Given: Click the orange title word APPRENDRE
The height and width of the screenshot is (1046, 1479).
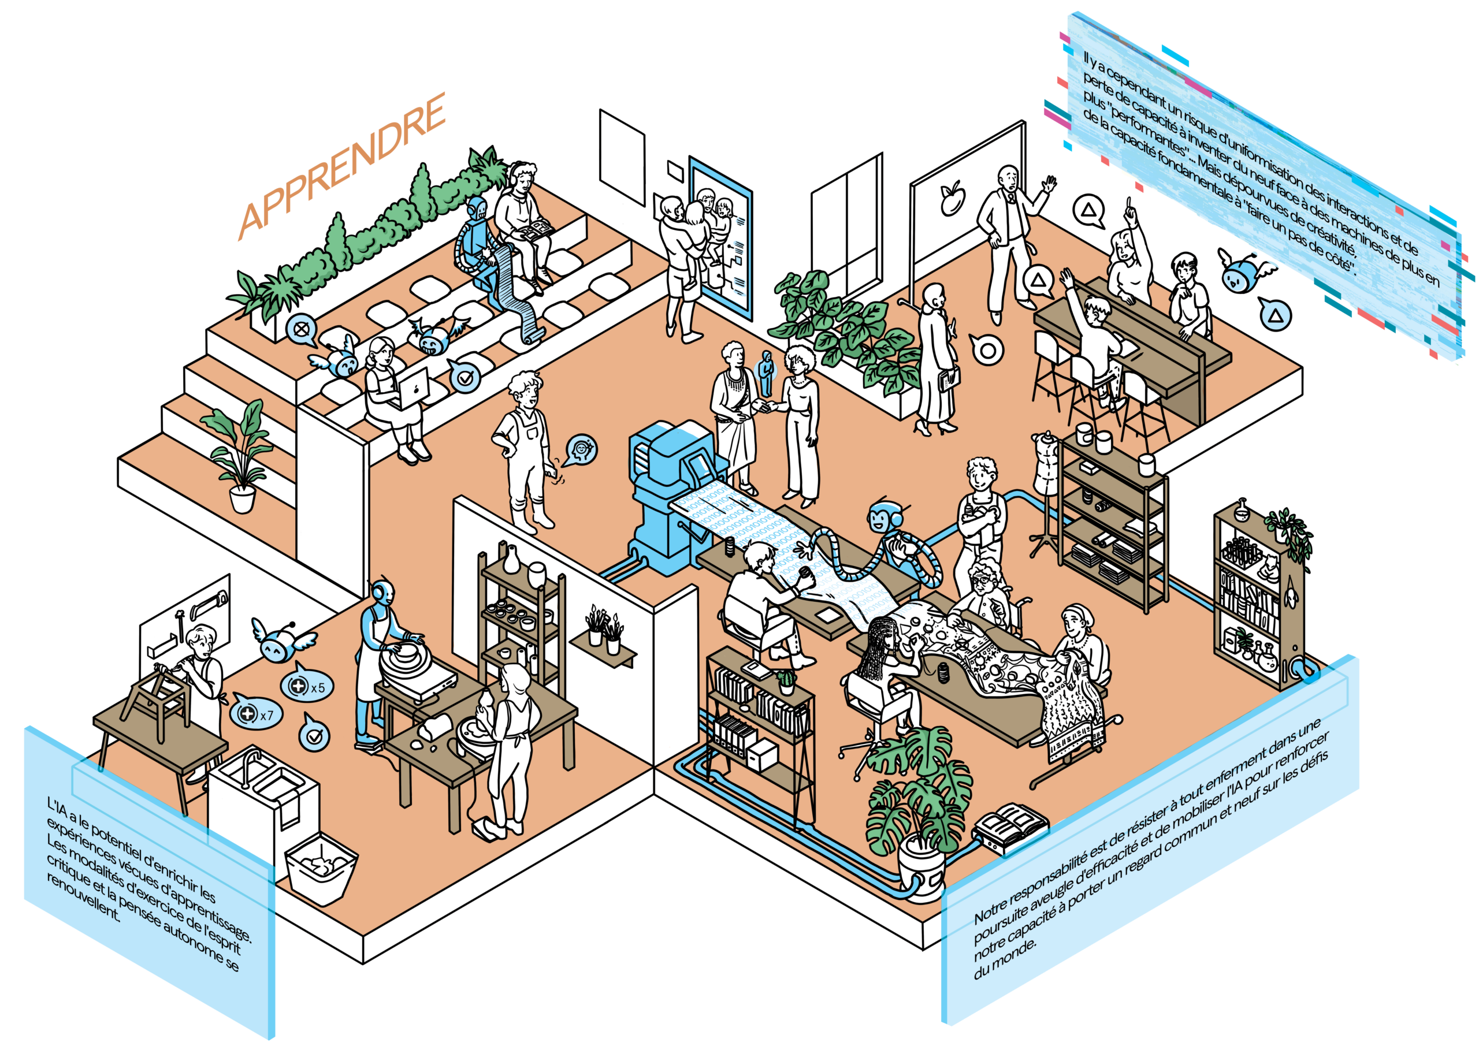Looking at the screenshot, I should (x=341, y=166).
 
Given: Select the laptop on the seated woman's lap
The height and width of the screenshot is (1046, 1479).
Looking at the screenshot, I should (x=411, y=389).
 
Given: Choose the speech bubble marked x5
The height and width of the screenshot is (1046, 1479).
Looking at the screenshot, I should (x=303, y=686).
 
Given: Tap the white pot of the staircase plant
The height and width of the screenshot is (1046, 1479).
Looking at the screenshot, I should (x=242, y=499).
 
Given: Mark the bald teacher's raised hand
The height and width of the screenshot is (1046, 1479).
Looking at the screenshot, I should (x=1050, y=185).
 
